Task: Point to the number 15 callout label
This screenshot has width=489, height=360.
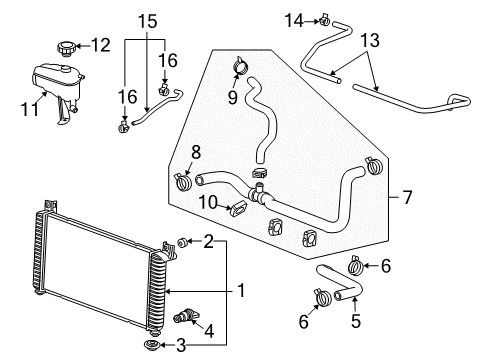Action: (x=148, y=19)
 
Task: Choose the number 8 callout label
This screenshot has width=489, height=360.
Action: (x=194, y=152)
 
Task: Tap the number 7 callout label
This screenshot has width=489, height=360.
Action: (x=407, y=199)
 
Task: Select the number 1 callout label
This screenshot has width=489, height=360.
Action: (x=240, y=291)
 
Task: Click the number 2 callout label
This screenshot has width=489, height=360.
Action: (x=208, y=241)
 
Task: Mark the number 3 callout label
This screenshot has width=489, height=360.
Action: (x=208, y=345)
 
